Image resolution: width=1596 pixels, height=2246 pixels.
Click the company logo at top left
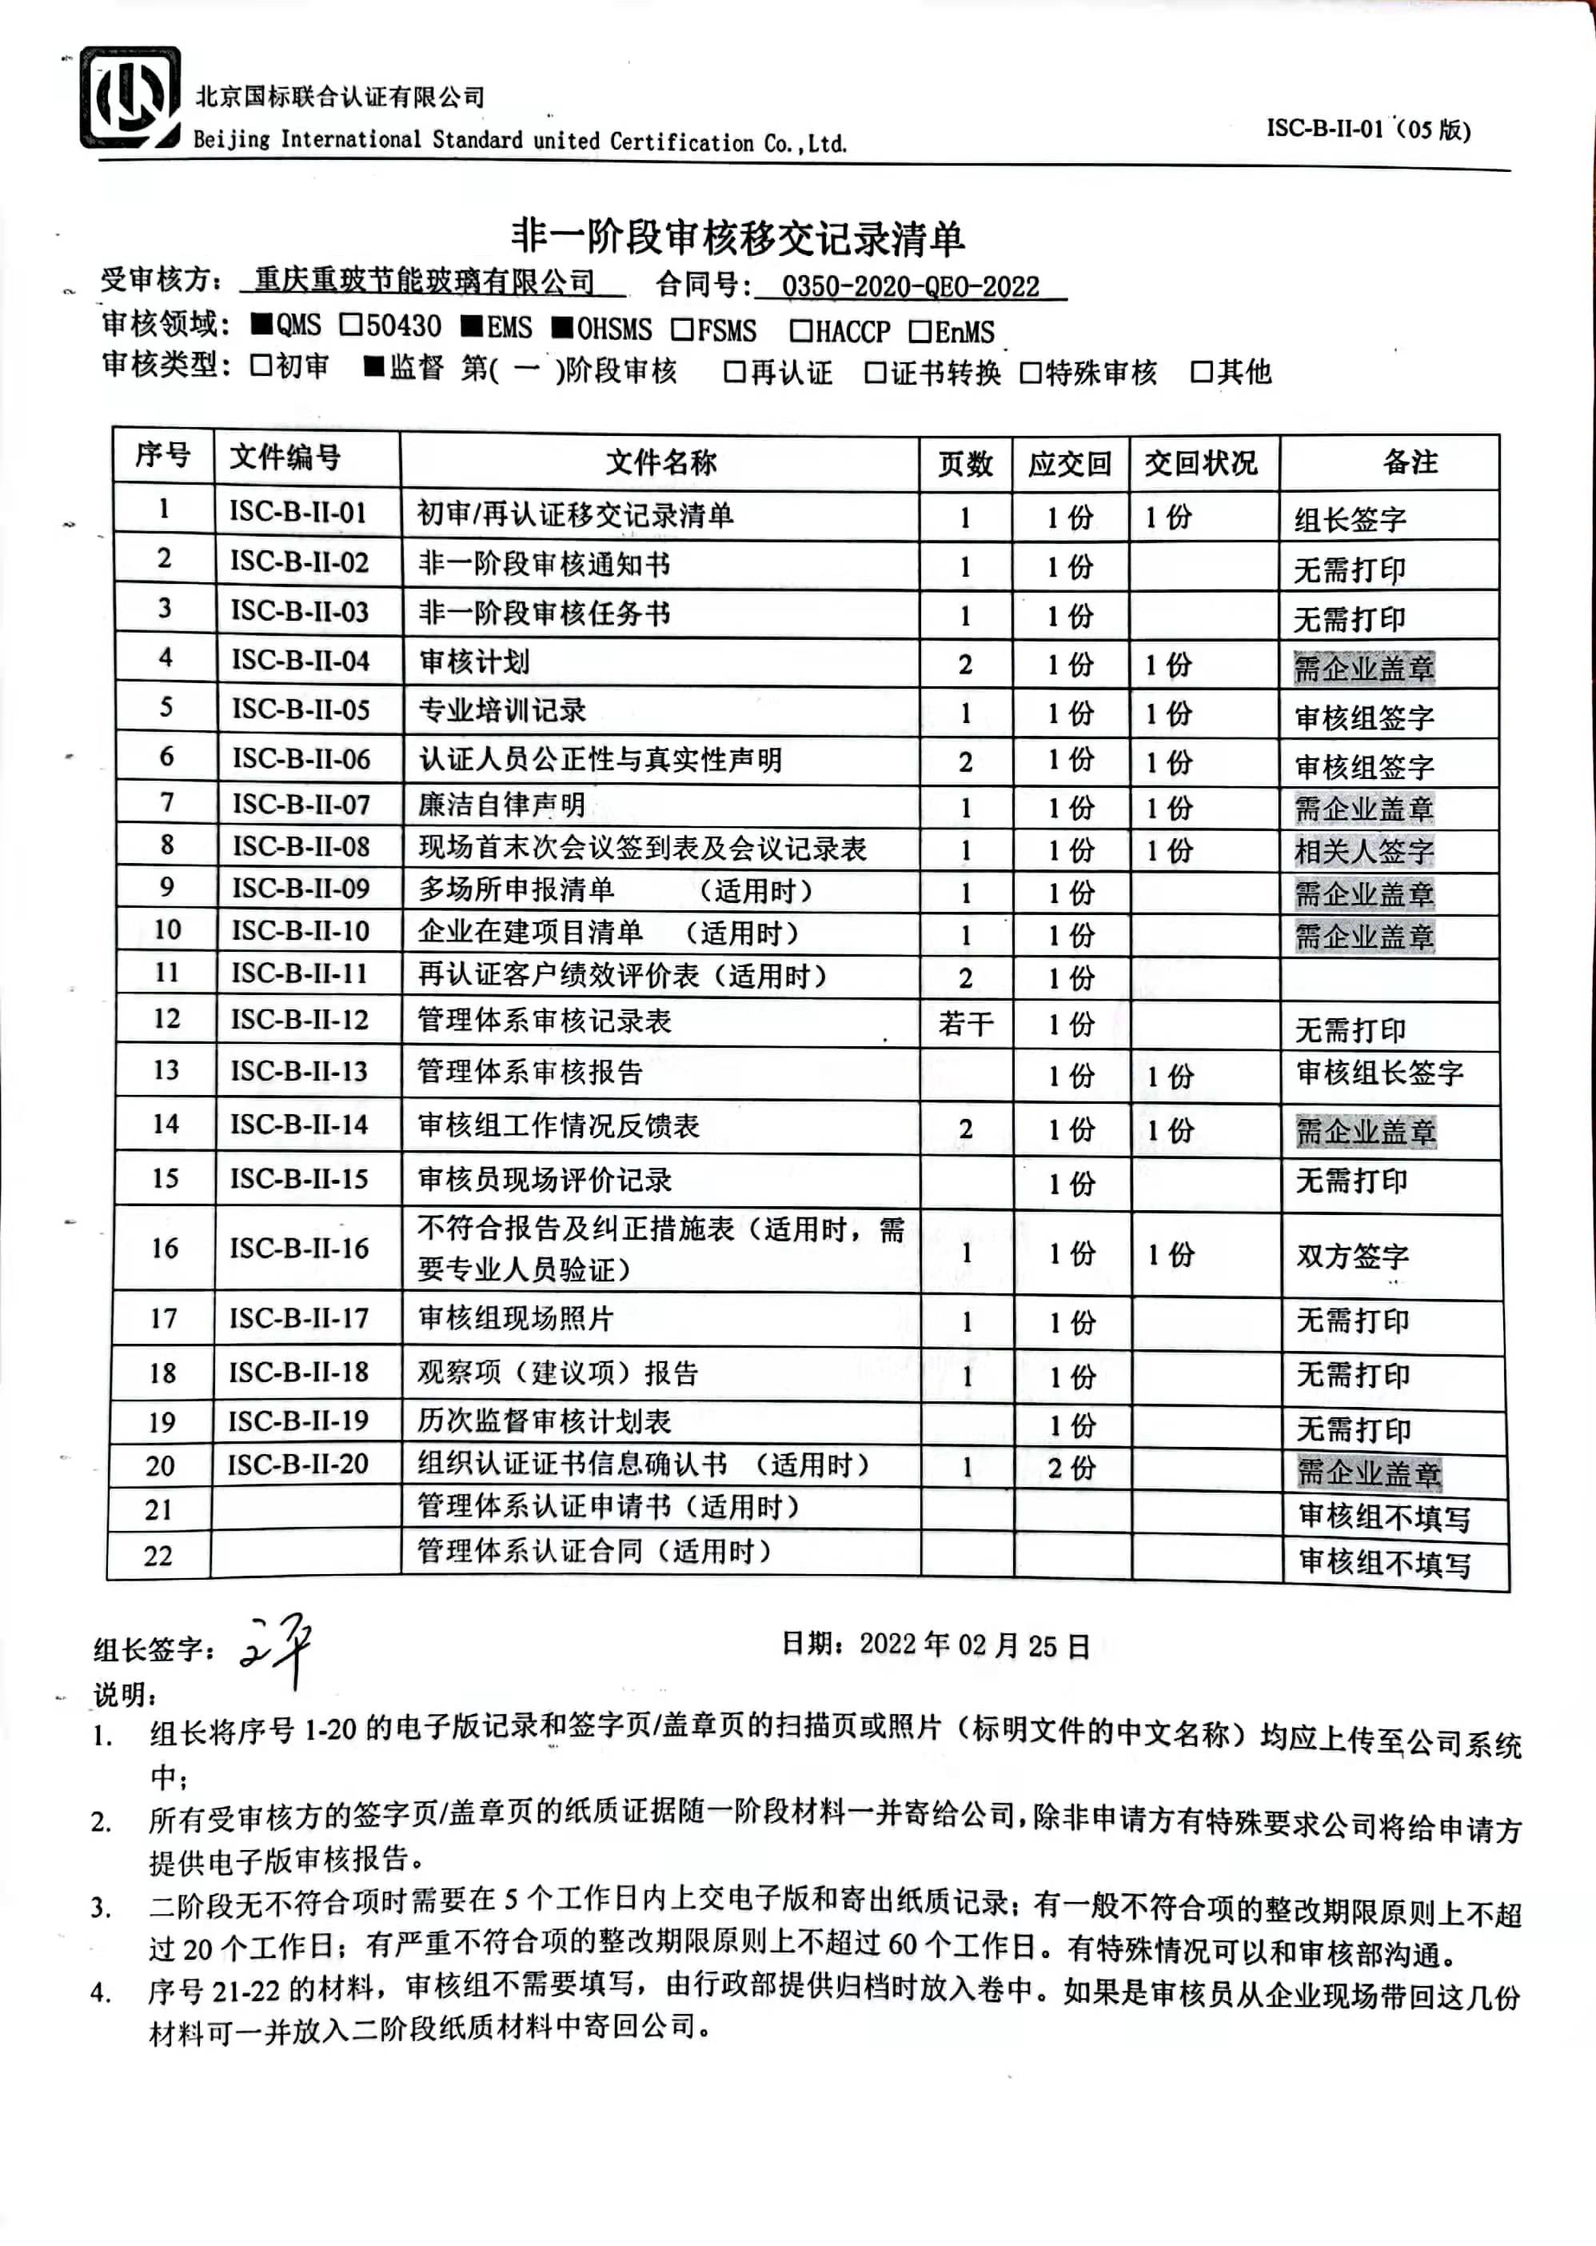coord(130,98)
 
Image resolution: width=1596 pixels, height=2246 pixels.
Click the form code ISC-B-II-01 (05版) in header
coord(1367,130)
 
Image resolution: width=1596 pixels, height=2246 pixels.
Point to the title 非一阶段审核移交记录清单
coord(738,237)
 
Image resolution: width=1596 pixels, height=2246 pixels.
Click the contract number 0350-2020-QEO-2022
coord(910,287)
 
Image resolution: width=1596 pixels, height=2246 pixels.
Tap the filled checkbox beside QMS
coord(261,323)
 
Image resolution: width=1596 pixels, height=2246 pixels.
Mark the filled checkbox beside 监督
coord(374,366)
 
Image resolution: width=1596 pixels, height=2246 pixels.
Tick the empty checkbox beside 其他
coord(1201,372)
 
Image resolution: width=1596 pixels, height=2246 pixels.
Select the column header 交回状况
coord(1200,463)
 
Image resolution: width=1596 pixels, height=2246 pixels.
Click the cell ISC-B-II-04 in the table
coord(301,661)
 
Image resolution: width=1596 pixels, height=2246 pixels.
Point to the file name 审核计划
coord(475,661)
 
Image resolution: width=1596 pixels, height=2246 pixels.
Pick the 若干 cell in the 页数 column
coord(965,1024)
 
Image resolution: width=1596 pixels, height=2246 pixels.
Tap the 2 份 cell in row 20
coord(1070,1468)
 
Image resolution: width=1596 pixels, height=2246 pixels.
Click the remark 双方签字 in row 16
coord(1352,1255)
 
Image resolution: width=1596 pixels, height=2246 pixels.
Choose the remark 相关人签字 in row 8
coord(1363,851)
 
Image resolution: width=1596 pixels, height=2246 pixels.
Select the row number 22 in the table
coord(158,1556)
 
